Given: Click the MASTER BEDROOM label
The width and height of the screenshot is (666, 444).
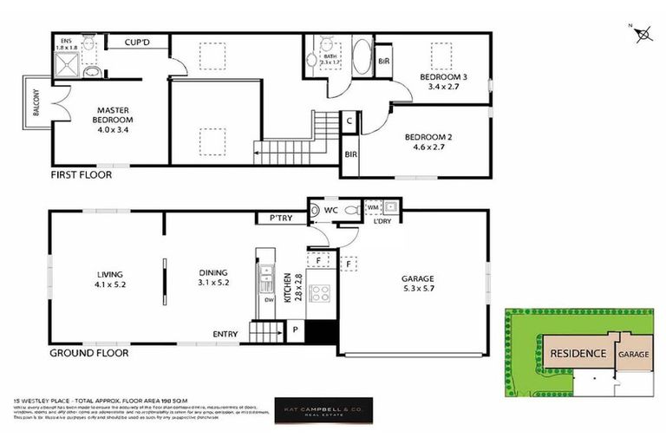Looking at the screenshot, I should coord(113,111).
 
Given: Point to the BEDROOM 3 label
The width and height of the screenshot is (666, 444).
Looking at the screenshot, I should coord(443,77).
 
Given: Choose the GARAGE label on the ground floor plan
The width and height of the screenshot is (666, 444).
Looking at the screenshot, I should coord(418,278).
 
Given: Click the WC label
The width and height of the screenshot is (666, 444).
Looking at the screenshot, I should coord(331,210).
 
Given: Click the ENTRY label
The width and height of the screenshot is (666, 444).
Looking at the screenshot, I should coord(225,334).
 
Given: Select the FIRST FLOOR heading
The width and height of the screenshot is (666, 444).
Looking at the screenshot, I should coord(81,174).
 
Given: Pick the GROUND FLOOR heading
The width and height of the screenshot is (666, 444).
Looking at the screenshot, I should coord(88,353).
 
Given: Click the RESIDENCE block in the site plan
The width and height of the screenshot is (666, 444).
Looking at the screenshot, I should coord(576,354).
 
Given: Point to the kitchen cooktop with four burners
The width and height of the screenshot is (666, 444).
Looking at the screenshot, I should coord(319,292).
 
